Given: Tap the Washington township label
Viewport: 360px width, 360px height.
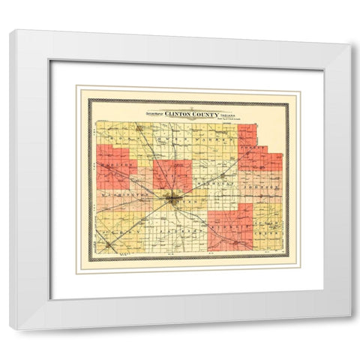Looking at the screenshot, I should [120, 193].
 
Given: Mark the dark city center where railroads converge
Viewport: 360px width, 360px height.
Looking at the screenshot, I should [173, 199].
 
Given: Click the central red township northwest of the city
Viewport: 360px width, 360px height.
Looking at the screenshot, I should [172, 175].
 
